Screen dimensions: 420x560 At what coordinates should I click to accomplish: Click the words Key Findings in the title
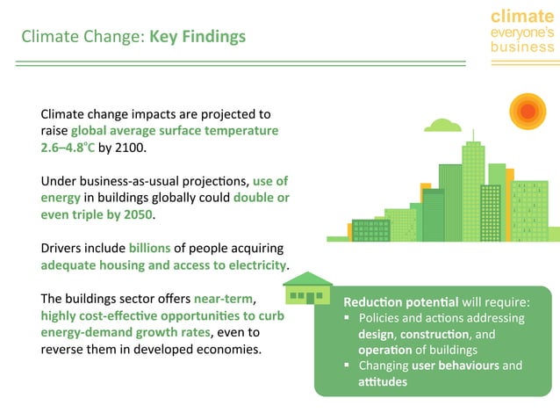[197, 37]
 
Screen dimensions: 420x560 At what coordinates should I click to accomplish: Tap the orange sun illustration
[527, 112]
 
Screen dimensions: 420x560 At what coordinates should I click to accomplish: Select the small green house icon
[308, 288]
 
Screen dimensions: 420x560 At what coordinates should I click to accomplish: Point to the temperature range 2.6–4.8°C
[68, 148]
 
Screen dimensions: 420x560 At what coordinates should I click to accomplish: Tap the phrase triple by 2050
[114, 214]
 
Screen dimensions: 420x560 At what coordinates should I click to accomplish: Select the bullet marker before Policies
[348, 318]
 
